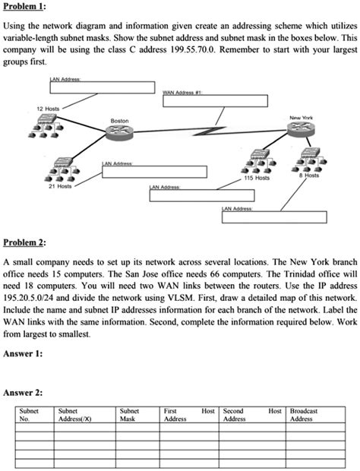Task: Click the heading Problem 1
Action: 25,7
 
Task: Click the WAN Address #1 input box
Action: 214,101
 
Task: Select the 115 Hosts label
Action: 257,178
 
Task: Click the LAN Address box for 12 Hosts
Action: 102,87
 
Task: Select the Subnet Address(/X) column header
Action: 77,414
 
